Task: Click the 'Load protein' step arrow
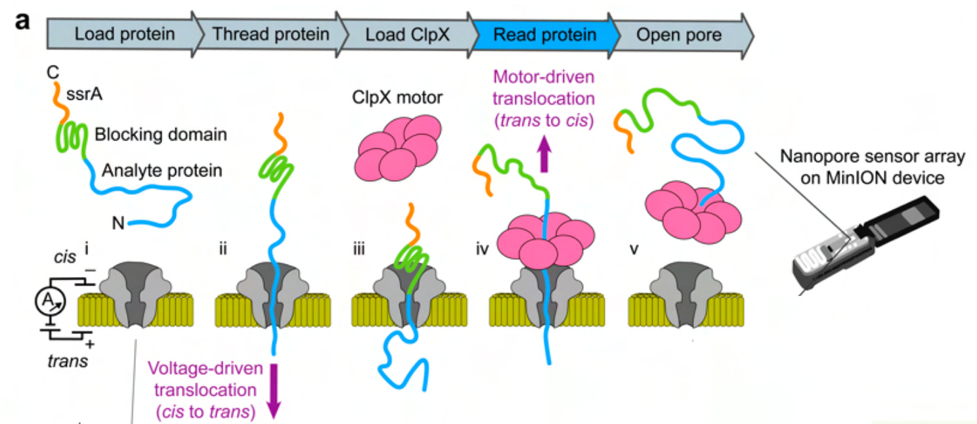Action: pyautogui.click(x=124, y=35)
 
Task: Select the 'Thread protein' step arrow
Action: pyautogui.click(x=271, y=35)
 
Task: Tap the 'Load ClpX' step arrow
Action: pyautogui.click(x=408, y=35)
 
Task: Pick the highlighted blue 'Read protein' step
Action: pyautogui.click(x=544, y=35)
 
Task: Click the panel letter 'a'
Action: pyautogui.click(x=22, y=21)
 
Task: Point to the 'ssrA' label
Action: pyautogui.click(x=84, y=94)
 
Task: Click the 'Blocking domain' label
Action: pyautogui.click(x=161, y=135)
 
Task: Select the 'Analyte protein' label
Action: pyautogui.click(x=162, y=170)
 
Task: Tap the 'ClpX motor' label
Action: pyautogui.click(x=397, y=97)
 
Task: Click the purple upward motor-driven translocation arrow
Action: pyautogui.click(x=544, y=154)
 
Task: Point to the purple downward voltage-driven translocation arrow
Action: pyautogui.click(x=274, y=391)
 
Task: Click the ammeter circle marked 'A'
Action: pyautogui.click(x=51, y=301)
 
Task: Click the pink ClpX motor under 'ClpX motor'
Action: pyautogui.click(x=399, y=148)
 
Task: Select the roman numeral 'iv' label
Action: pyautogui.click(x=483, y=249)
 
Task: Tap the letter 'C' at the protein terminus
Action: pyautogui.click(x=53, y=72)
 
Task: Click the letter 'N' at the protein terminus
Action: pyautogui.click(x=118, y=223)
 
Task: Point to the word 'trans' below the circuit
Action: pyautogui.click(x=68, y=361)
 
